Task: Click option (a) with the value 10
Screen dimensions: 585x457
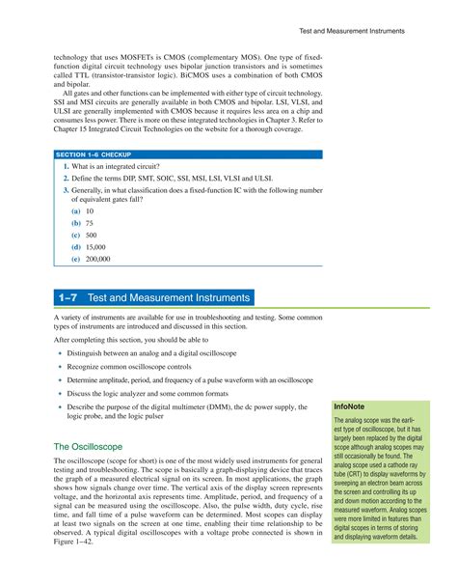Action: (x=83, y=209)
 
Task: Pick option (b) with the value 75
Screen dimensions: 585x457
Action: (x=83, y=222)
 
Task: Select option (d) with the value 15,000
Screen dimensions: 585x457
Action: (x=88, y=247)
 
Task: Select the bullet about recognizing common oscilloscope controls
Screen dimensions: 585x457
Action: (x=129, y=367)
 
